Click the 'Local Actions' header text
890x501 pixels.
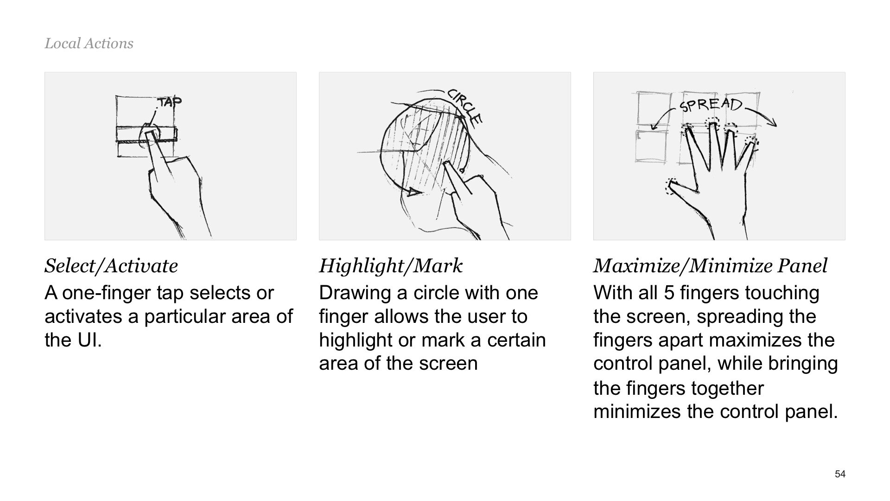coord(89,44)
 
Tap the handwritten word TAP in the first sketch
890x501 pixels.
coord(170,102)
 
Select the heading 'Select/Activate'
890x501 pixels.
coord(111,266)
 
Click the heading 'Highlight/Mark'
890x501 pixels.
coord(391,266)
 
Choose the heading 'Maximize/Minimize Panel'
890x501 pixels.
coord(710,266)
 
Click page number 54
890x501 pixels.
coord(840,474)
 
